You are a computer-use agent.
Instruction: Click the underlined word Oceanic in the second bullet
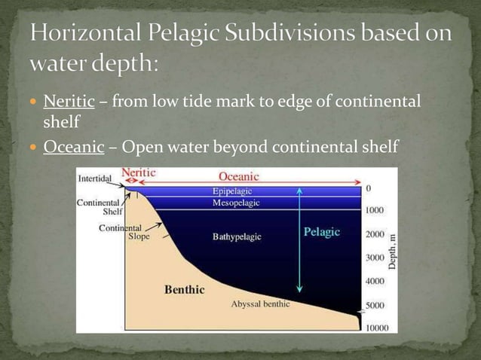73,147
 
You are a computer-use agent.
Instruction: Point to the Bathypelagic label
237,236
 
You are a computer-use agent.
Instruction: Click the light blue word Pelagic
322,232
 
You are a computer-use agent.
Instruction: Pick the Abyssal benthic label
260,304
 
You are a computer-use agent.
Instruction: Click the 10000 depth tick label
377,328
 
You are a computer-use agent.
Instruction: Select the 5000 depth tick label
375,305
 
